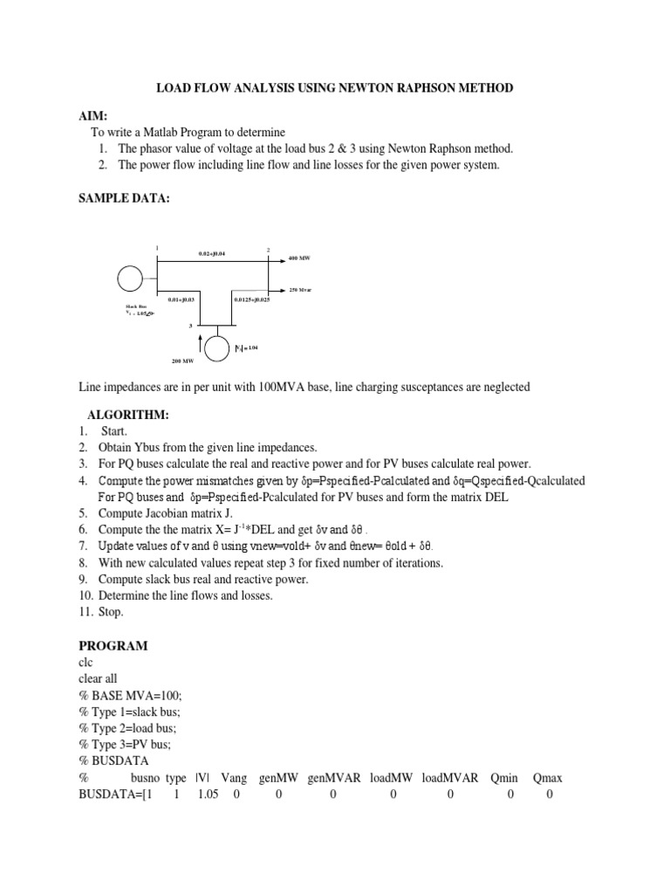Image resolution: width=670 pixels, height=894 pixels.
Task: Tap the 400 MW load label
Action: (299, 259)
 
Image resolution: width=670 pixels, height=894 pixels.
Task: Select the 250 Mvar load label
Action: (300, 289)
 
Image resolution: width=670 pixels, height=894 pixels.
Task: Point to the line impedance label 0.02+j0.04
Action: (212, 254)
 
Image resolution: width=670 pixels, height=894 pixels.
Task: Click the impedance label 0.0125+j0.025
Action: (252, 299)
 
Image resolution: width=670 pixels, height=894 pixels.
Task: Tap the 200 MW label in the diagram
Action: (182, 359)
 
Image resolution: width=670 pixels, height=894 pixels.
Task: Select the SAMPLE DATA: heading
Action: (124, 199)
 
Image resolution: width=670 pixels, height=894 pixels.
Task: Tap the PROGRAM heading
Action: (113, 645)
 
